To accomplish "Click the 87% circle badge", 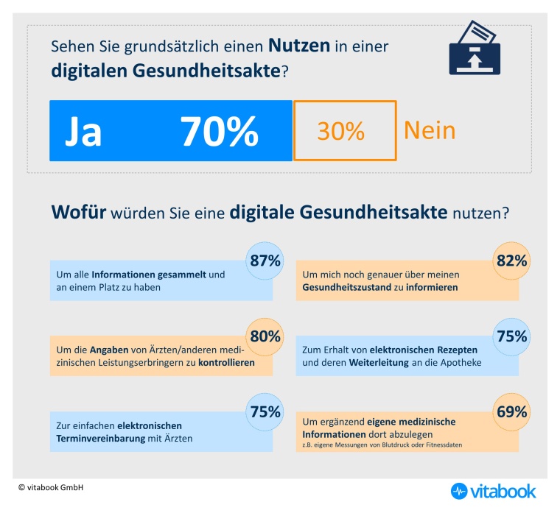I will tap(265, 261).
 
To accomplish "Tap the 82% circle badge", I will tap(511, 261).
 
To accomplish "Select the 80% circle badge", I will tap(265, 336).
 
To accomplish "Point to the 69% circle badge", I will tap(511, 412).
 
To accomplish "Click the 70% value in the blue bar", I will tap(219, 131).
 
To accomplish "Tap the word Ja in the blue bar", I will tap(83, 131).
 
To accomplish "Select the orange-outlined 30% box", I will tap(345, 130).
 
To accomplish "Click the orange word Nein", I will tap(430, 130).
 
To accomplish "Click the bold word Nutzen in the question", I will tap(298, 46).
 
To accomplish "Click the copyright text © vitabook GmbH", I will tap(51, 487).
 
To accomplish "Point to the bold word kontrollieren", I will tap(227, 363).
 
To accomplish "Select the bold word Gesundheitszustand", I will tap(348, 287).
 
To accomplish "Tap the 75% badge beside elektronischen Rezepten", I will tap(511, 336).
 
